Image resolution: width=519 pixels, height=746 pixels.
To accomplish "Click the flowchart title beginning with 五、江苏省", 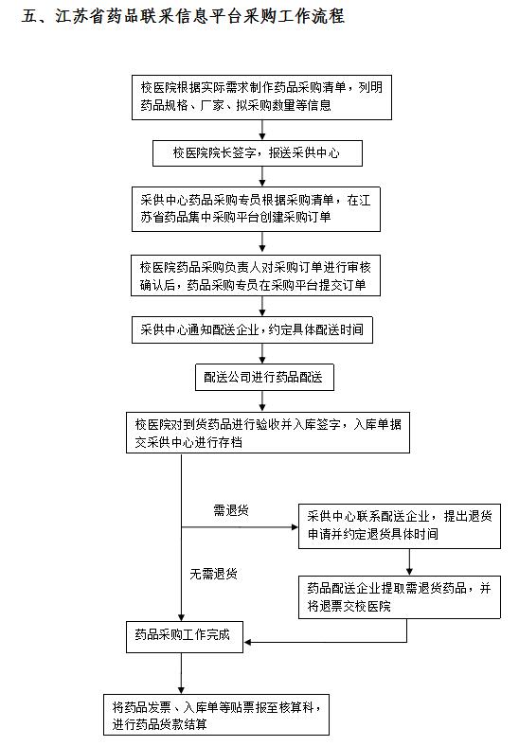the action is click(x=183, y=16).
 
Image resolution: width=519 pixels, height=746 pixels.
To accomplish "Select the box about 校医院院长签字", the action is click(x=257, y=152).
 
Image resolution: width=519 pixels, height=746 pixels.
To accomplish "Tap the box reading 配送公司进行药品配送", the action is click(x=264, y=378).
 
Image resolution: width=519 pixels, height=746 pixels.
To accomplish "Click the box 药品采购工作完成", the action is click(x=185, y=636).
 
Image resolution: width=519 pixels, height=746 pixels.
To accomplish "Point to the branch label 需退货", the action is click(x=231, y=510).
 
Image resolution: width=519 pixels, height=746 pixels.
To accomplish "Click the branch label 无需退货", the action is click(x=213, y=574).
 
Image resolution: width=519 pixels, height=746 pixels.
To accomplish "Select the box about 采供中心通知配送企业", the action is click(x=252, y=329).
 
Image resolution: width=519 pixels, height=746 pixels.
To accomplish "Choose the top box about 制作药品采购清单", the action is click(x=261, y=98).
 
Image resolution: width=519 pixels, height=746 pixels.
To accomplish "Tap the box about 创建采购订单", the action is click(x=256, y=209).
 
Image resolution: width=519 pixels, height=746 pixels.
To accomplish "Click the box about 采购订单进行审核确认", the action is click(x=256, y=275).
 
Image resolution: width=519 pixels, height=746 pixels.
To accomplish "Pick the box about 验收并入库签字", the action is click(x=268, y=432).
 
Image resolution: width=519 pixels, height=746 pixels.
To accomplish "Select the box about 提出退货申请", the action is click(x=400, y=526).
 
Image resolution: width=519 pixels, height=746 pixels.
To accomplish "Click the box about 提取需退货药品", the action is click(x=400, y=597).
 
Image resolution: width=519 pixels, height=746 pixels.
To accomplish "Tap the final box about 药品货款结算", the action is click(x=216, y=715).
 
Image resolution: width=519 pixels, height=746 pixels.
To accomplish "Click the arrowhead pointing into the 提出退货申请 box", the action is click(x=295, y=527).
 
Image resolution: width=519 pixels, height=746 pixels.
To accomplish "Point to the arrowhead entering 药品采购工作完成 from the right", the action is click(x=247, y=642).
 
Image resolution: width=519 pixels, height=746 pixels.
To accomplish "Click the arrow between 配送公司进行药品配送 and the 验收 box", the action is click(x=262, y=401).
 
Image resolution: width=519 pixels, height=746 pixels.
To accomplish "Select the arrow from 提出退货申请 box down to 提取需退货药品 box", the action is click(x=409, y=562).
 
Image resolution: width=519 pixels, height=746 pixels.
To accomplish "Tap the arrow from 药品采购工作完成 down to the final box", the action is click(x=181, y=673).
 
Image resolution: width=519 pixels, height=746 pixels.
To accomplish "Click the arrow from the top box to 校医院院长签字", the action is click(x=262, y=130).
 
